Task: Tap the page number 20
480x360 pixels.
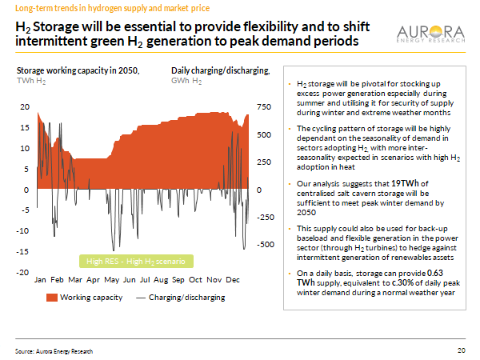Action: (461, 350)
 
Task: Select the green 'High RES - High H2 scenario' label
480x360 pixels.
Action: (135, 262)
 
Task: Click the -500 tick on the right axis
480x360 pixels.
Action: (264, 245)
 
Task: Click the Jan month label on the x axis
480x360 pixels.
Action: (41, 281)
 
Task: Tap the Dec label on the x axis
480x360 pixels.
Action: (234, 281)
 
